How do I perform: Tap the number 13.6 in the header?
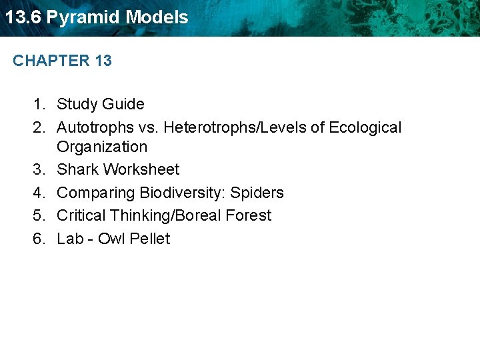23,17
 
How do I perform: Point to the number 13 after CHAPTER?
103,61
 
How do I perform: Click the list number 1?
39,104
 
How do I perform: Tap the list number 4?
39,193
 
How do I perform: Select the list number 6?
39,239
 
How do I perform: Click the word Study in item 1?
75,104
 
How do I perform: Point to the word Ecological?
365,127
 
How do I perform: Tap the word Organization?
102,147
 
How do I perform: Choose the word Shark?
77,169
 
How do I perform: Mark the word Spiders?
257,193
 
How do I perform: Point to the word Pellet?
150,239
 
